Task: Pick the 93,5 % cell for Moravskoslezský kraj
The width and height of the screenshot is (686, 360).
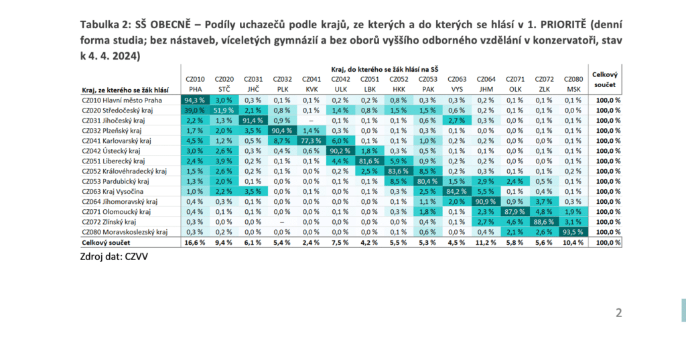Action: tap(573, 231)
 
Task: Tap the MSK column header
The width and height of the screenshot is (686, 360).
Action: tap(573, 88)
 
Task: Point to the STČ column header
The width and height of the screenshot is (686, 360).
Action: tap(224, 88)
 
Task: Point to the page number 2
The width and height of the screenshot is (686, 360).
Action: tap(618, 312)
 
